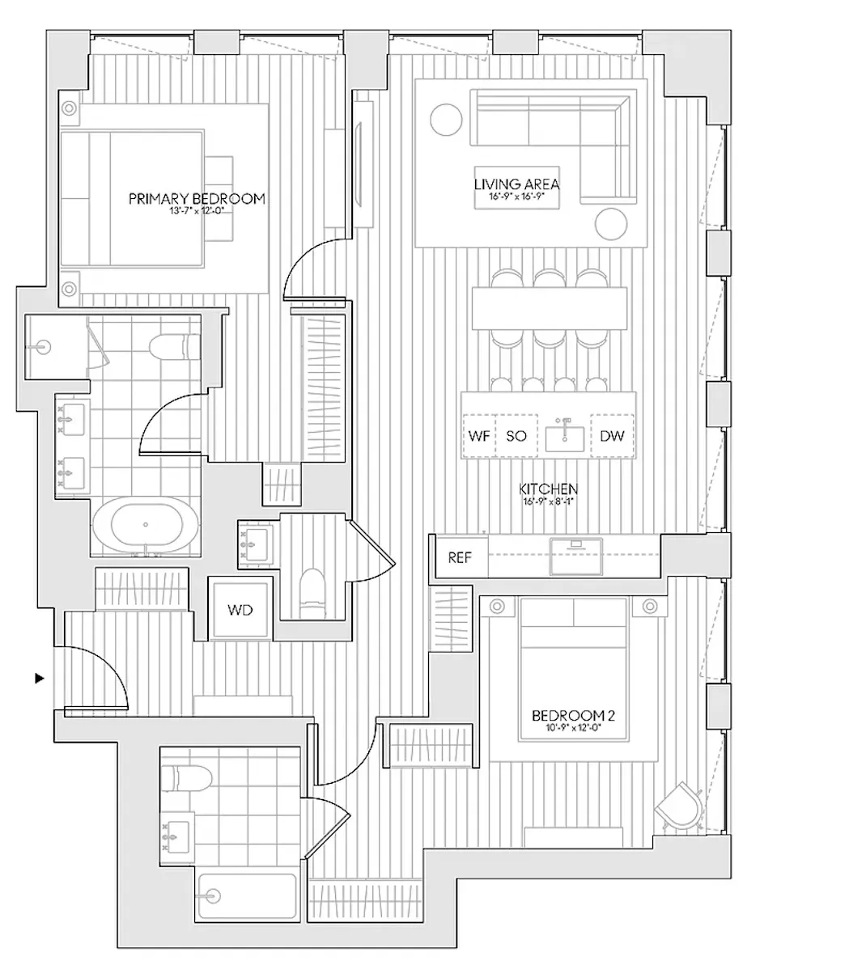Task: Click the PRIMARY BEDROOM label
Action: (197, 198)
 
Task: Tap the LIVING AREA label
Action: (516, 184)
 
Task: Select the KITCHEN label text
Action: (548, 489)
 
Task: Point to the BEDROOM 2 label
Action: (568, 715)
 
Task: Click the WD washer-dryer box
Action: (240, 609)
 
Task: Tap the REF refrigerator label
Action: (460, 557)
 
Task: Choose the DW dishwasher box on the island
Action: (612, 436)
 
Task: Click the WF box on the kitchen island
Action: (478, 436)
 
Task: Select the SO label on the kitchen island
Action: (516, 436)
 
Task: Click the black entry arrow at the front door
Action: (39, 678)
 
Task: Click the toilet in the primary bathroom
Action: (175, 347)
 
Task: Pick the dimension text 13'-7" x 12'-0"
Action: (197, 210)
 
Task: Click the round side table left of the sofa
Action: (445, 121)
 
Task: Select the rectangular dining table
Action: (550, 308)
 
